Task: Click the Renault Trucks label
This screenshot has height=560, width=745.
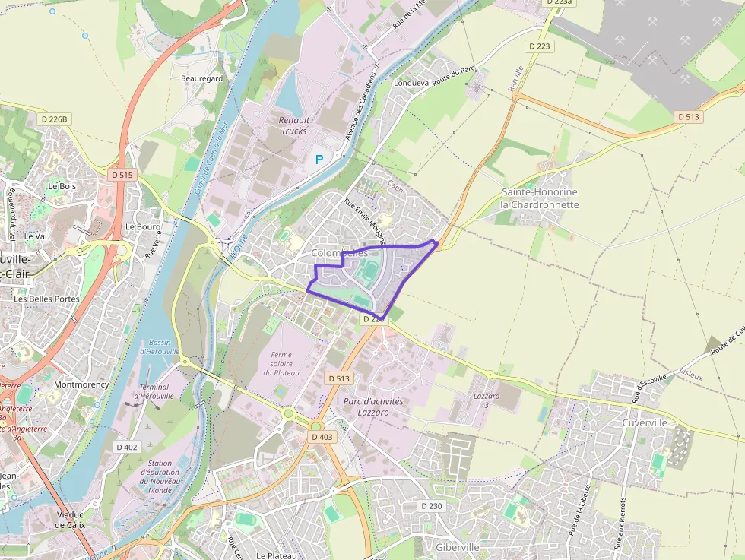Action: coord(293,125)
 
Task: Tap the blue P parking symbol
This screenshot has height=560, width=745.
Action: coord(319,160)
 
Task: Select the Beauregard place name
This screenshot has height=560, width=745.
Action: coord(201,78)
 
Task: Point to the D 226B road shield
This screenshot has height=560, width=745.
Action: coord(55,119)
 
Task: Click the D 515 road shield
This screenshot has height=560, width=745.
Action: coord(122,175)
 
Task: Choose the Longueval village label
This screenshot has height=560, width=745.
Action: coord(412,83)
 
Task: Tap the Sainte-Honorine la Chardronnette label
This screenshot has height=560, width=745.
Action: coord(539,198)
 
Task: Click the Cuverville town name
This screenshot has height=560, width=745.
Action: coord(644,422)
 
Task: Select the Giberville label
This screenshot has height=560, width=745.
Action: coord(458,547)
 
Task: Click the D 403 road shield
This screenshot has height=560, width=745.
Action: coord(322,437)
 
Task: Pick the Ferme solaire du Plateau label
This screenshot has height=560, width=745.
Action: coord(281,363)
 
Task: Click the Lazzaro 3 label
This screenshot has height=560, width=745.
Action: coord(487,400)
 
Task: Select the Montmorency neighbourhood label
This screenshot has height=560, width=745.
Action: coord(81,384)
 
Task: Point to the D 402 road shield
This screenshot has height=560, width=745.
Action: coord(127,447)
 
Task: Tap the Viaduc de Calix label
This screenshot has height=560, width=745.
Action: coord(70,519)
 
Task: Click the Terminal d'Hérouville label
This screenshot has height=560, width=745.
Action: coord(154,391)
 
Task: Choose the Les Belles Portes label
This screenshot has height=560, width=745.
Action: coord(46,299)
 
